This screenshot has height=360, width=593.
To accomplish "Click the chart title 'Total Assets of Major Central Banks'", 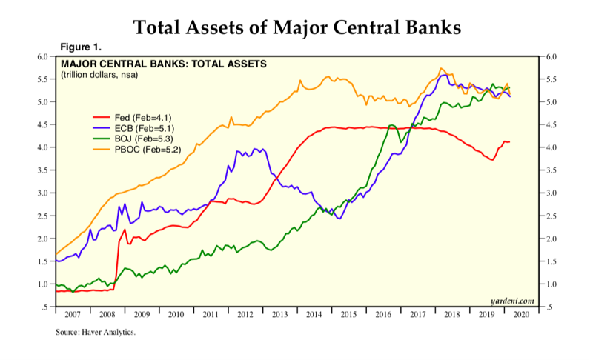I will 296,27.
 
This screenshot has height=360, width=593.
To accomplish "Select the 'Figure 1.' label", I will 79,47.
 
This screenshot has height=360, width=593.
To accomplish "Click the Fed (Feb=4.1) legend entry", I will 142,117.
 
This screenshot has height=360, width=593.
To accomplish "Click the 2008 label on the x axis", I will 107,314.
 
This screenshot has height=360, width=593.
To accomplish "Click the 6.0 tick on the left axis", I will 42,56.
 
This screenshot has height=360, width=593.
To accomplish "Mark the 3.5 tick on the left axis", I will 42,170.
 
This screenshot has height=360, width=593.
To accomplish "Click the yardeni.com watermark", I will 513,300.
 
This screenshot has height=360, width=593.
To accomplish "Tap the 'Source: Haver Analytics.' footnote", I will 96,333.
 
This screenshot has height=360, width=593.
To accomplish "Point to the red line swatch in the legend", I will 101,117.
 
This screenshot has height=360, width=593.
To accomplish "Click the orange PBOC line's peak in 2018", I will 442,68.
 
